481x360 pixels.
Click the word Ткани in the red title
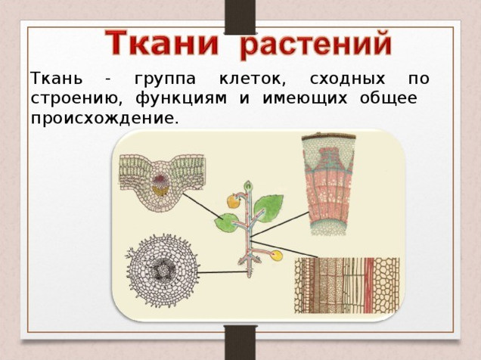pos(162,43)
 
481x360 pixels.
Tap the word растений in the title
pos(316,45)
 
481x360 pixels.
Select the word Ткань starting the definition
pos(57,78)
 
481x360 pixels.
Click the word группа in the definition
pos(165,79)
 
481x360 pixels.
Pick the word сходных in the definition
pos(347,79)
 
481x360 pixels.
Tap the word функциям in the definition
pos(182,99)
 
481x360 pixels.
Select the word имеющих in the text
pos(305,99)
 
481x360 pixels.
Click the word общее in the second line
pos(389,99)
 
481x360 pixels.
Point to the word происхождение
pos(104,119)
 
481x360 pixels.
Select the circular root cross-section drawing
pos(163,271)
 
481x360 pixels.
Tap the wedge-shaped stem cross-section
pos(328,184)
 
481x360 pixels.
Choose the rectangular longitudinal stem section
pos(347,285)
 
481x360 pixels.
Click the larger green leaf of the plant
pos(268,208)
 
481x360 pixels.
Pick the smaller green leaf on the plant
pos(226,223)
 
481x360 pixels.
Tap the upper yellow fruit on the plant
pos(234,201)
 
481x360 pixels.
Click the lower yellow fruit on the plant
pos(277,256)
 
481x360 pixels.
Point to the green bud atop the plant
pos(248,186)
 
